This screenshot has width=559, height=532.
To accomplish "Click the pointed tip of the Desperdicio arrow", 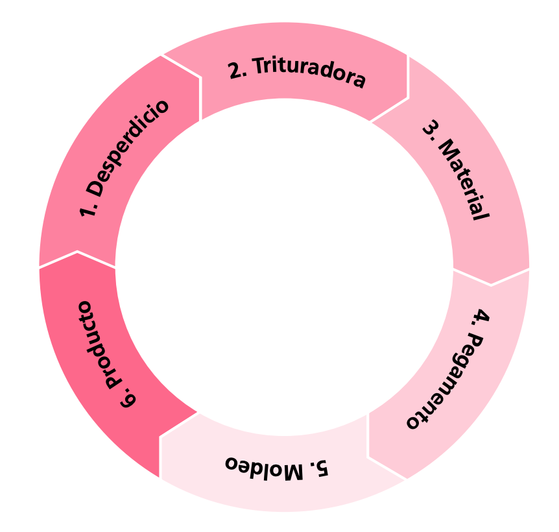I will tap(200, 79).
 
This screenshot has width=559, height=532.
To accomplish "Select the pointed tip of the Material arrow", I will tap(491, 284).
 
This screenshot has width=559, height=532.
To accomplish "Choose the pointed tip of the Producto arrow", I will tap(78, 252).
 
